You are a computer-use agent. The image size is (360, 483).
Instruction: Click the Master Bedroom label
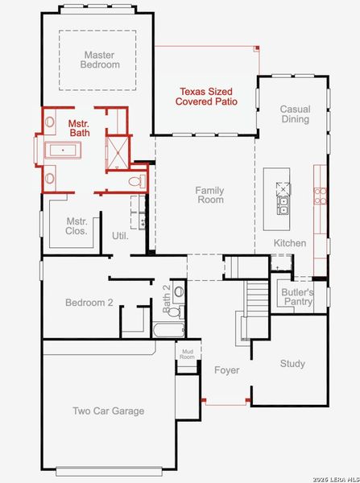coord(101,60)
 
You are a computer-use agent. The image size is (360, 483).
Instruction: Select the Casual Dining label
coord(295,114)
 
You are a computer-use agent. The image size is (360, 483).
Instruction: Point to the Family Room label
coord(209,195)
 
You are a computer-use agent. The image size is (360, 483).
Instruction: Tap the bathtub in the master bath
coord(62,151)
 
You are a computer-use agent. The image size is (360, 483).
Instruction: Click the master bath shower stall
coord(118,151)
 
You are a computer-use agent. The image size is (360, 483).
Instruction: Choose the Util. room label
coord(121,236)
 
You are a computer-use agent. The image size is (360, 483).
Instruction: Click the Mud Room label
coord(187,355)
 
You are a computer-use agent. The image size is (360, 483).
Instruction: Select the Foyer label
coord(226,370)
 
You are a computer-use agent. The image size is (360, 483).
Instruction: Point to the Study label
coord(292,364)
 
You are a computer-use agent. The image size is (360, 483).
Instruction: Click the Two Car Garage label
coord(108,411)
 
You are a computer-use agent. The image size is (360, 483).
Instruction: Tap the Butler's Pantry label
coord(297,297)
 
